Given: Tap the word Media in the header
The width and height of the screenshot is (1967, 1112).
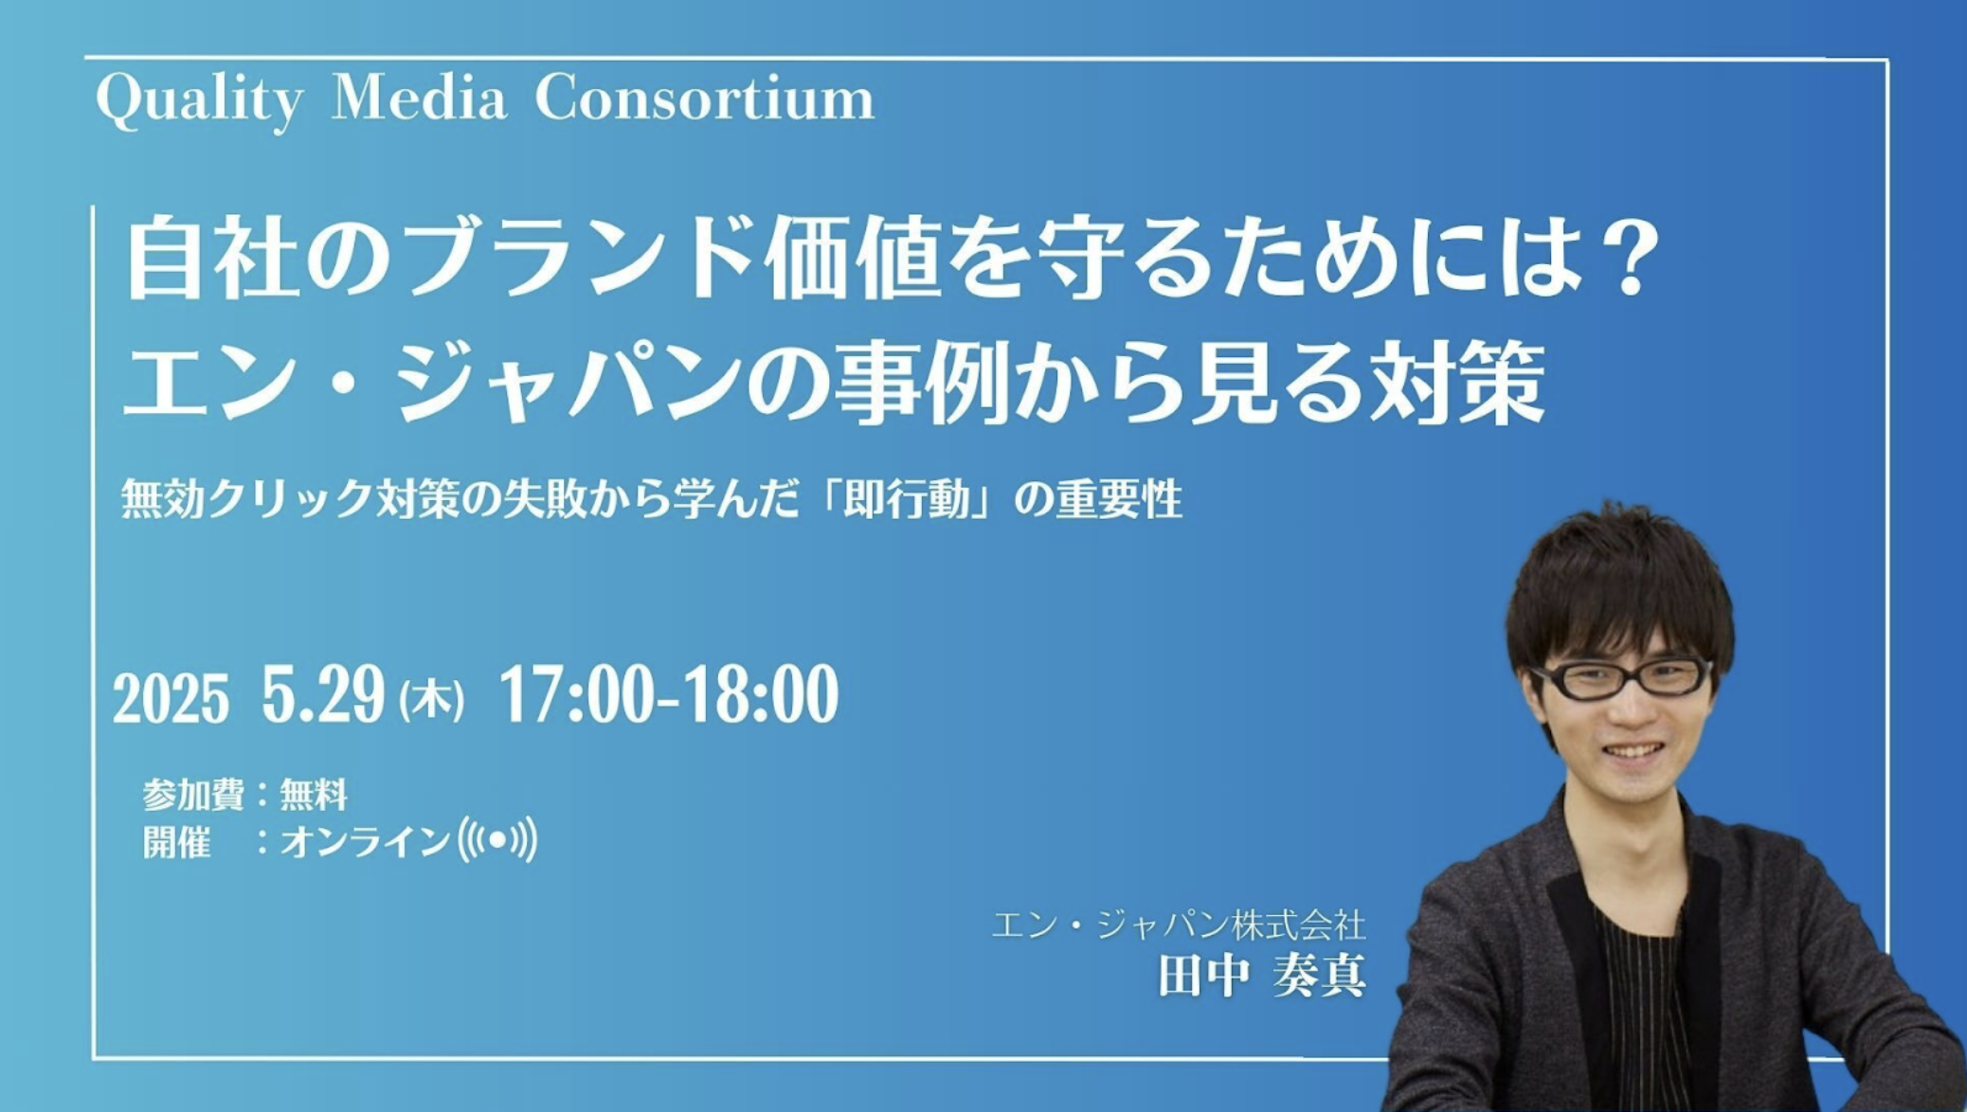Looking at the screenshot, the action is click(x=419, y=98).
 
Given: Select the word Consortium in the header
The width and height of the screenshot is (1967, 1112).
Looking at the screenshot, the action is click(x=704, y=98).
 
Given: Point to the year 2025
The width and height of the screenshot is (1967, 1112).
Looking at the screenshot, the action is click(x=171, y=699).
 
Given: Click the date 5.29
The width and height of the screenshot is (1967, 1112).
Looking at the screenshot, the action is click(x=323, y=694).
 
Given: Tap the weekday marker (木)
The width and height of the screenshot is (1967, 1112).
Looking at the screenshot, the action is click(x=431, y=702).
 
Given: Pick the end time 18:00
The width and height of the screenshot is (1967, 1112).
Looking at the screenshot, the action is click(x=761, y=694).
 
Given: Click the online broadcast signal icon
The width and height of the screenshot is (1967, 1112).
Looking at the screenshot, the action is click(x=497, y=839).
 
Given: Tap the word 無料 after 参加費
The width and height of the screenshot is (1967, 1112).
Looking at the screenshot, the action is click(x=314, y=795).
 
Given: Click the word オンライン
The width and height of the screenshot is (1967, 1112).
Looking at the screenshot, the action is click(x=364, y=841).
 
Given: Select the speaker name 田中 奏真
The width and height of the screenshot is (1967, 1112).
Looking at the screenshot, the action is click(x=1262, y=975).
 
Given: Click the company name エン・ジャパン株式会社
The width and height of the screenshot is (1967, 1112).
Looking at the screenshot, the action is click(x=1179, y=924).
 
